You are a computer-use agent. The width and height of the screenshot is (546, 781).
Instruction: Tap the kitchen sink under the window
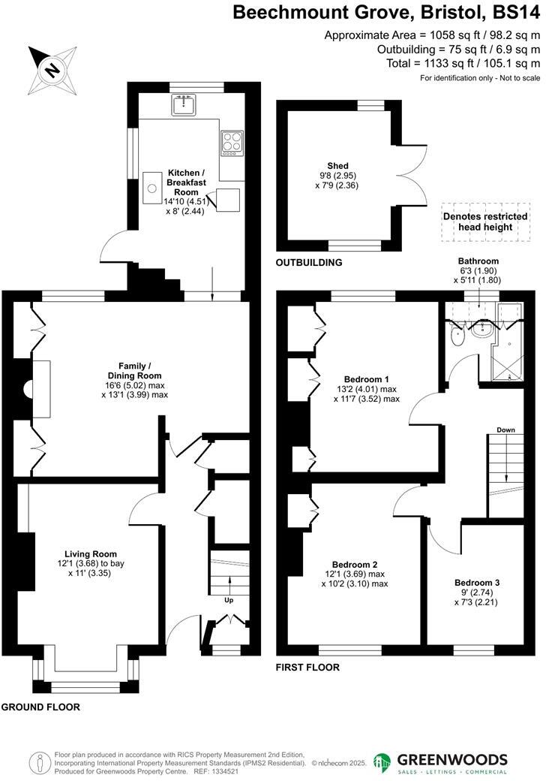183,107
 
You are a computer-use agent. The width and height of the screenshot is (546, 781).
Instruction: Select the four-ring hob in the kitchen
231,143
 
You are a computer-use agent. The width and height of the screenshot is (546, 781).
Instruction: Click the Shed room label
337,166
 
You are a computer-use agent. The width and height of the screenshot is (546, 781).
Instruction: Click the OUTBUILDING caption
309,263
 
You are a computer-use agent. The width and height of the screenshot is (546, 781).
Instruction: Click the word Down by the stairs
505,430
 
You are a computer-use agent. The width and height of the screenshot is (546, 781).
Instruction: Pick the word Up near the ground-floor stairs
229,600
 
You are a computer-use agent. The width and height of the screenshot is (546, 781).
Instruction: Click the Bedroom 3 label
477,582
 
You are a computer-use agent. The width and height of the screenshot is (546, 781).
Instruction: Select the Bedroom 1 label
367,378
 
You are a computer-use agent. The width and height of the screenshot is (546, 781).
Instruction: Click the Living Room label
90,554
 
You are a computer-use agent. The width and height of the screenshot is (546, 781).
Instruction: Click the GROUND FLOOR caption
40,707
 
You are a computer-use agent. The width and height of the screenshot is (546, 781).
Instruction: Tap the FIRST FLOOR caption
307,667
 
